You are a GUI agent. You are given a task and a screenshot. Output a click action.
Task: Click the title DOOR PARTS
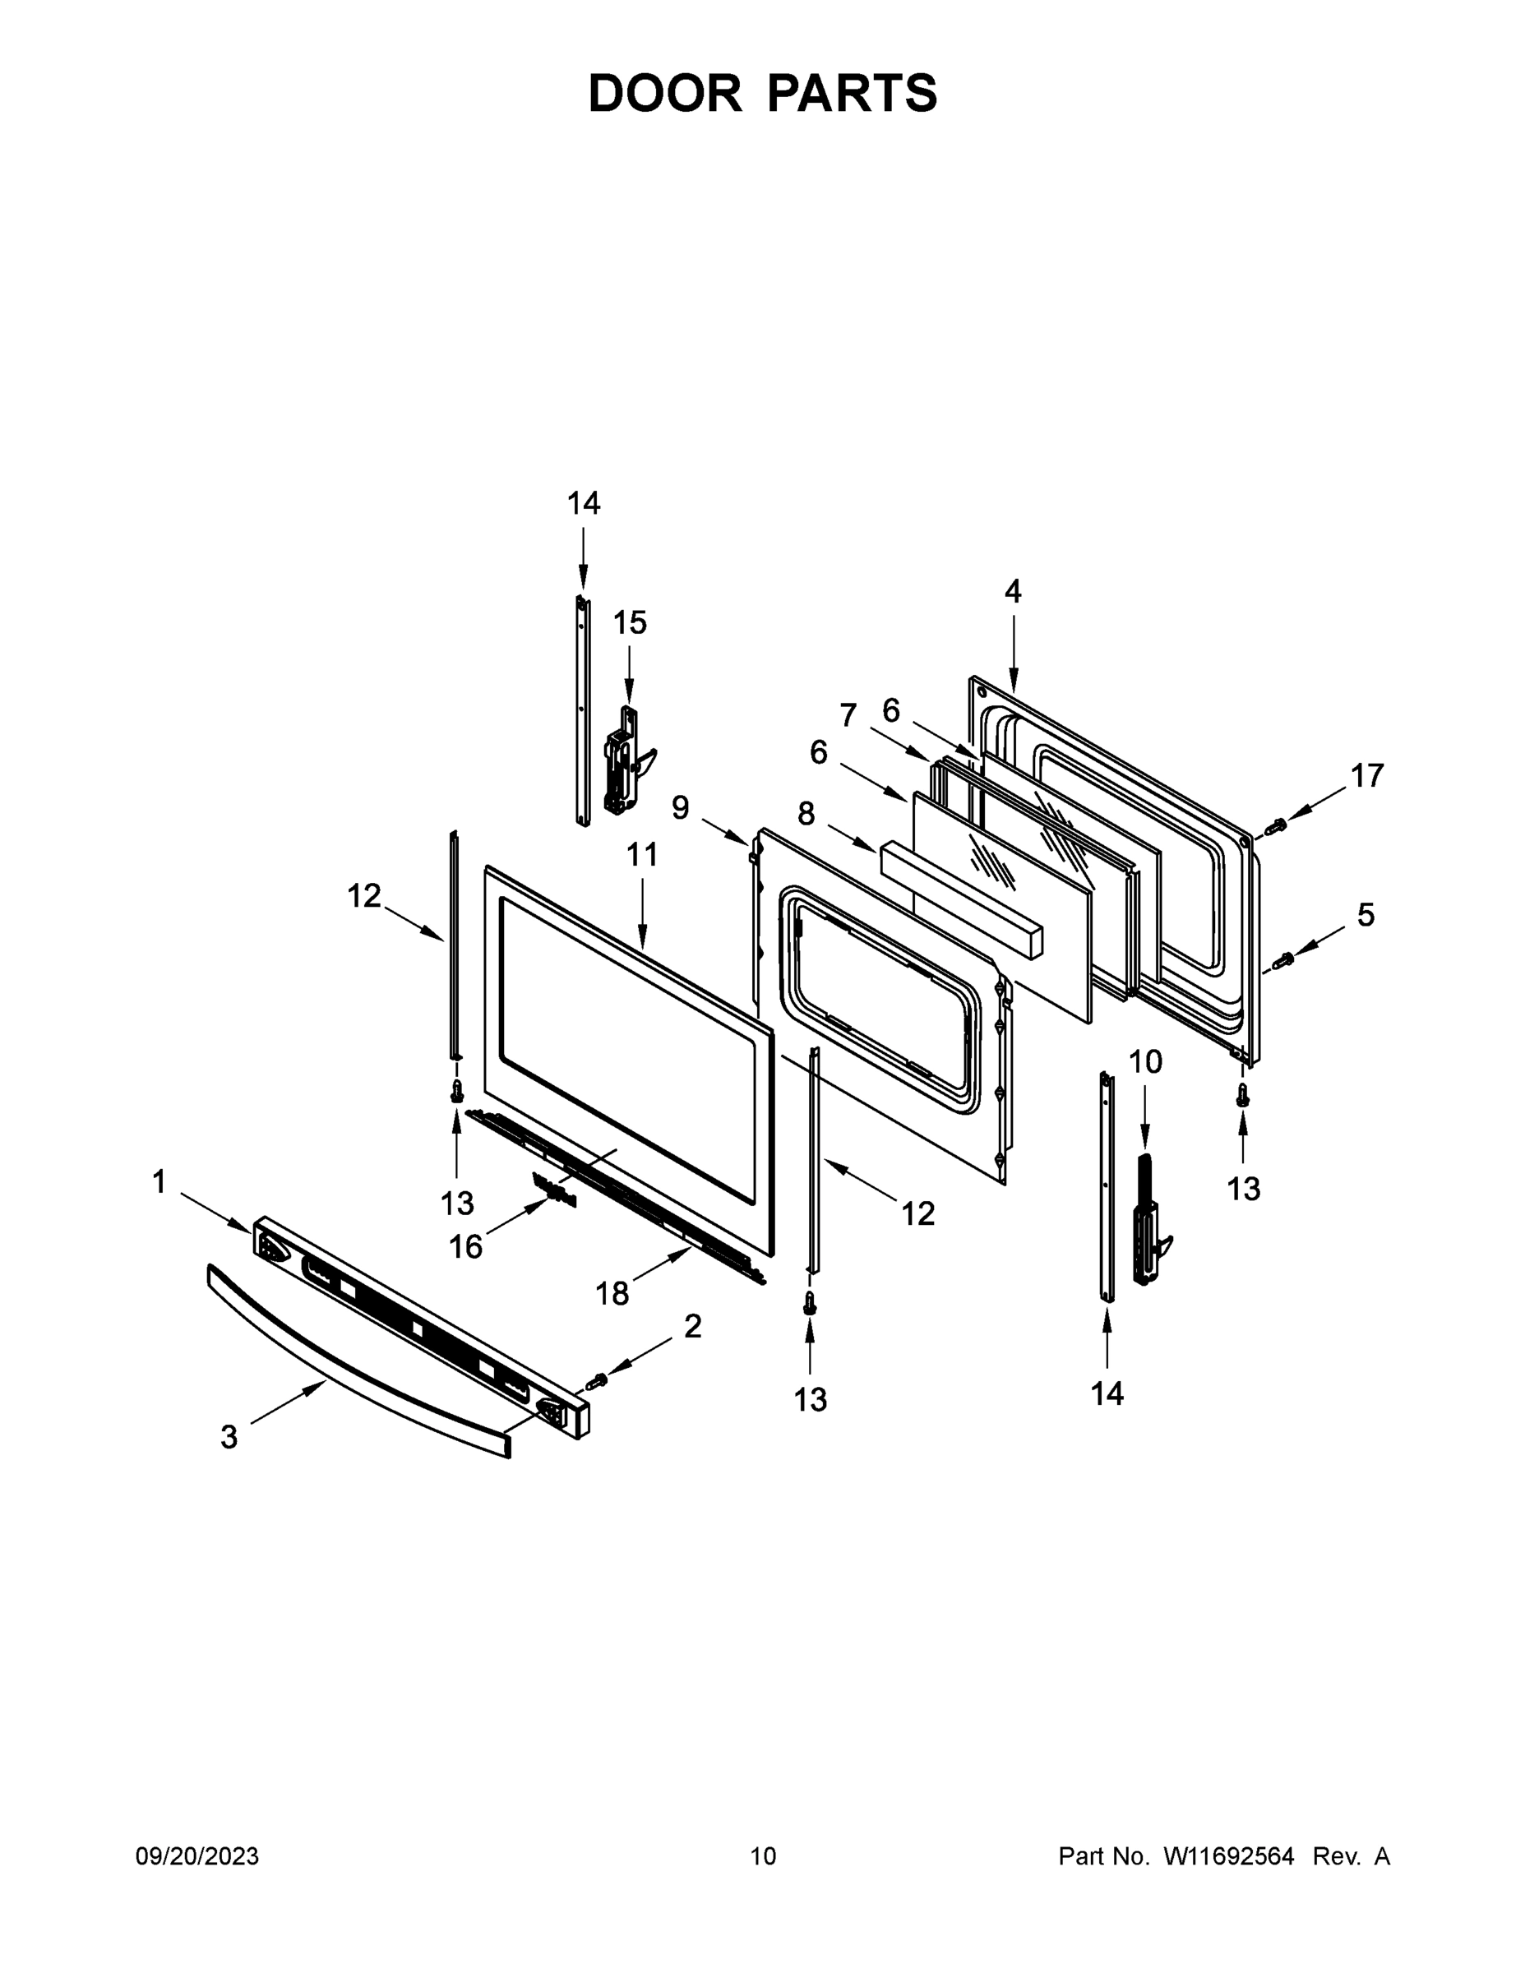pyautogui.click(x=763, y=93)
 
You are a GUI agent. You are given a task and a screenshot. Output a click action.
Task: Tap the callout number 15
pyautogui.click(x=630, y=622)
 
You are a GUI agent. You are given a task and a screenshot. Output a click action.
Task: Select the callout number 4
pyautogui.click(x=1013, y=592)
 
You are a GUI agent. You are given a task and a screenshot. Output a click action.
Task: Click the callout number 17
pyautogui.click(x=1367, y=775)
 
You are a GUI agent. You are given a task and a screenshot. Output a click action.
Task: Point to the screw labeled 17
pyautogui.click(x=1277, y=825)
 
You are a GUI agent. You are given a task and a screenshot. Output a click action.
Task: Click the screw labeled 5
pyautogui.click(x=1282, y=960)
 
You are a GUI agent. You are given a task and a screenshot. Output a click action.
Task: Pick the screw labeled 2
pyautogui.click(x=597, y=1381)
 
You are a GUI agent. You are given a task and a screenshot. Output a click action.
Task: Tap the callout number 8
pyautogui.click(x=806, y=814)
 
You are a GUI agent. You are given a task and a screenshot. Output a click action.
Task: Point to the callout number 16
pyautogui.click(x=466, y=1246)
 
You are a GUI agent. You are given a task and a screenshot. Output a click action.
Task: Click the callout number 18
pyautogui.click(x=612, y=1294)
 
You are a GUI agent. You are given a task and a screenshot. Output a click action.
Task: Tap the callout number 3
pyautogui.click(x=229, y=1436)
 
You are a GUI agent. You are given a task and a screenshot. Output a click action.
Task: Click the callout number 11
pyautogui.click(x=642, y=853)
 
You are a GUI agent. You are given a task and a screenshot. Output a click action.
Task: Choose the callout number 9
pyautogui.click(x=680, y=806)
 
